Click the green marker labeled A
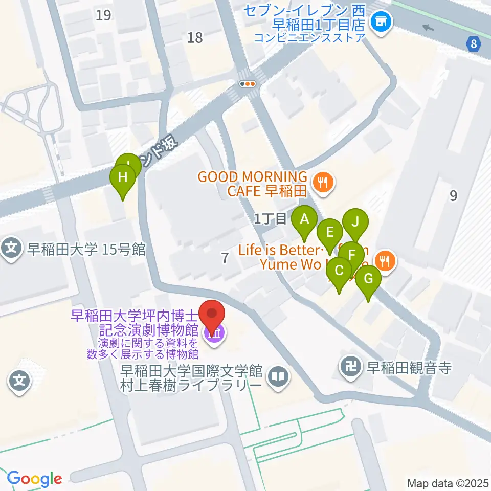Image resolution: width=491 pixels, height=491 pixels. click(304, 220)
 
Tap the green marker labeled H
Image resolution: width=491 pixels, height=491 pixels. click(123, 178)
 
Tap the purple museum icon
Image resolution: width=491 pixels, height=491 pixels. click(214, 335)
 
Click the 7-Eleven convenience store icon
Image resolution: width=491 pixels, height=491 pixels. click(380, 21)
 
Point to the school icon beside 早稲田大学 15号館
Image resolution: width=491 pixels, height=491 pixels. click(11, 249)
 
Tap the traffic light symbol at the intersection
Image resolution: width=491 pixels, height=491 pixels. click(248, 84)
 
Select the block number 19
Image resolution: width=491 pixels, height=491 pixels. click(103, 15)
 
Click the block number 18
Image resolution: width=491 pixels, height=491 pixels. click(195, 37)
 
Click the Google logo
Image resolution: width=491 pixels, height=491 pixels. click(35, 479)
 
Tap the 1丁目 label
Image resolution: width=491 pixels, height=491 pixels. click(271, 219)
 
